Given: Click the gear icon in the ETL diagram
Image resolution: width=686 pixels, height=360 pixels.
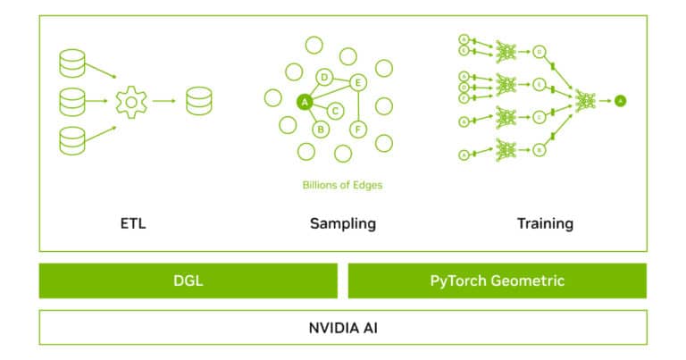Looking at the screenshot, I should pos(131,102).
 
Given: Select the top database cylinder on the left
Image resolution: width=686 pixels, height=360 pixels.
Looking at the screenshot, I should pos(71,63).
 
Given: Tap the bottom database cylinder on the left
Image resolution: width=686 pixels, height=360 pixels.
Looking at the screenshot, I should pos(71,140).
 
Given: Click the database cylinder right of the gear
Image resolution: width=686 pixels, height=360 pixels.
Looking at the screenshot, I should pos(198,101).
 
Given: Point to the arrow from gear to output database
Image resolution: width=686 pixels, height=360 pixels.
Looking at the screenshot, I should pos(163,102).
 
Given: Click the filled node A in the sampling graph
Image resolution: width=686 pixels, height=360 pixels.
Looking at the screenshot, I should pos(304,102).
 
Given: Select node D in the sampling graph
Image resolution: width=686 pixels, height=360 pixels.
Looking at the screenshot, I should pos(325,77).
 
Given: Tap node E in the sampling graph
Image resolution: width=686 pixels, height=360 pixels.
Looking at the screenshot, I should pos(357,82).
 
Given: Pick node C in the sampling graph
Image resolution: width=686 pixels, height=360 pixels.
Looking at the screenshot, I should pos(335,111).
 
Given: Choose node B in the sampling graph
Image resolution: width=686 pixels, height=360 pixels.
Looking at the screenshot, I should pos(321,129).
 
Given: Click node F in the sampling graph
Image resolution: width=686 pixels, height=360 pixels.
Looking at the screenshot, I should pos(357,130).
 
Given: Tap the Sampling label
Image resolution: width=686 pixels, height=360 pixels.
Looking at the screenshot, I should pos(342,222).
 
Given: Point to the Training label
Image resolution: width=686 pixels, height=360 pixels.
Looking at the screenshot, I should pos(545,222).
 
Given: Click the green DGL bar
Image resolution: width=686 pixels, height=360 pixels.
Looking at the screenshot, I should pos(188,280).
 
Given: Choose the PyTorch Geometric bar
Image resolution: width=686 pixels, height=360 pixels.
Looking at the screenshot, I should pos(497,280).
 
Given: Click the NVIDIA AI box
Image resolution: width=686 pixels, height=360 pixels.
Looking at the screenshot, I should pos(342,327).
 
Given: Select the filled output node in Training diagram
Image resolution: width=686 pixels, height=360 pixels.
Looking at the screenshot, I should pos(620,101).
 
